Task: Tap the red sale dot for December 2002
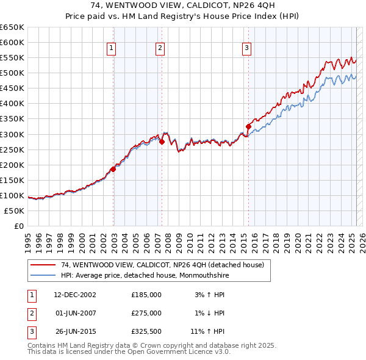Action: [x=113, y=169]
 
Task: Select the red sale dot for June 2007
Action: [x=162, y=142]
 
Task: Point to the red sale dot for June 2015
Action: [x=248, y=126]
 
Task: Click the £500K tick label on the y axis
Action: [x=12, y=73]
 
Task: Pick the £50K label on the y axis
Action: [x=14, y=211]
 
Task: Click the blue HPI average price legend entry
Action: [x=152, y=275]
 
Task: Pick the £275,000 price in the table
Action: [x=146, y=313]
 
